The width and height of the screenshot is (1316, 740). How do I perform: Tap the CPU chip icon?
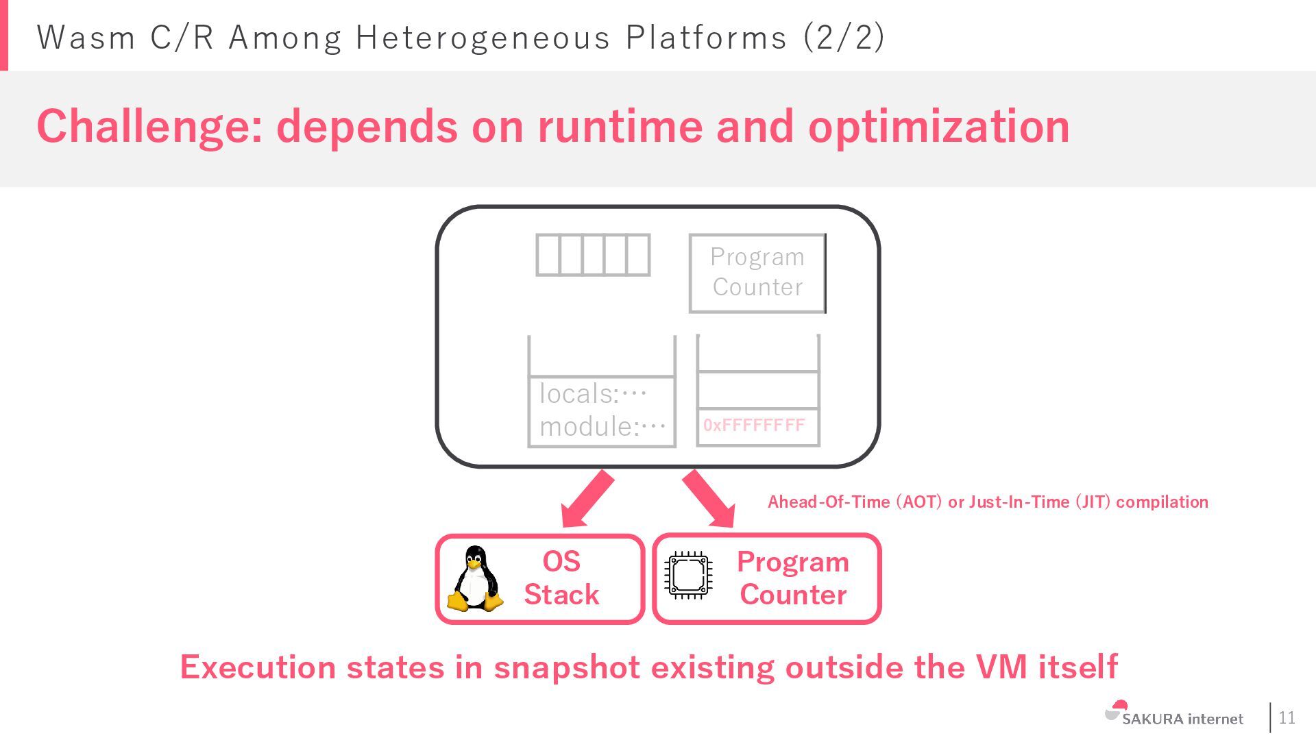coord(688,575)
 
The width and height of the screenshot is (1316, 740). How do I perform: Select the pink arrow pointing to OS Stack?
coord(587,499)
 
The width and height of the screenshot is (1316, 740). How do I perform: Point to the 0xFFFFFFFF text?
coord(754,425)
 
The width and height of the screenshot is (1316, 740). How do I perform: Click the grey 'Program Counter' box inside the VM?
coord(757,273)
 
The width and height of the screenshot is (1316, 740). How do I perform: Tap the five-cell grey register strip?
coord(593,255)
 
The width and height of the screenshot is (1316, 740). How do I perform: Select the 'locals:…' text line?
coord(593,394)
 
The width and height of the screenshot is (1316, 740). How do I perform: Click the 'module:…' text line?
coord(602,427)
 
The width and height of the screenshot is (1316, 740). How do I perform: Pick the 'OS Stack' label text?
coord(561,578)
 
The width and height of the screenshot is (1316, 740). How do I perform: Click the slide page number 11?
coord(1287,717)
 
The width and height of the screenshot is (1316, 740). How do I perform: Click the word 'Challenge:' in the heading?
coord(149,127)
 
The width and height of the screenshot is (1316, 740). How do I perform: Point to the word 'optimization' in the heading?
coord(938,127)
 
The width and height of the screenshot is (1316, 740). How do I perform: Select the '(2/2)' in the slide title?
coord(844,37)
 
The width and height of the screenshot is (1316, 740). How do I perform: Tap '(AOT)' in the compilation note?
coord(919,502)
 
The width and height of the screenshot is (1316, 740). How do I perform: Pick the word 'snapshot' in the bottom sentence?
coord(567,667)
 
